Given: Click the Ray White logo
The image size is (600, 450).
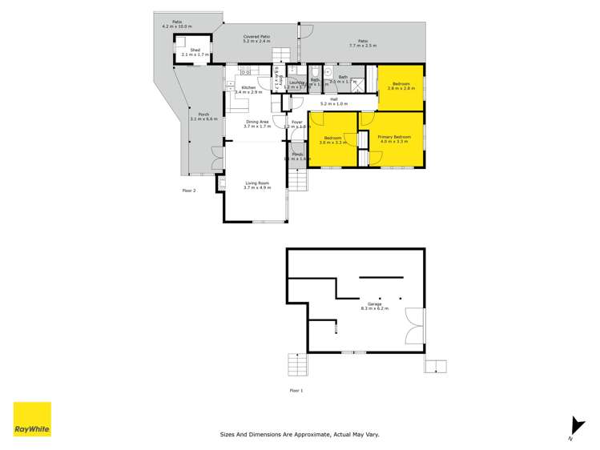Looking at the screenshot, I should (x=31, y=420).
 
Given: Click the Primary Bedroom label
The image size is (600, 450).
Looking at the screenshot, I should (x=394, y=137).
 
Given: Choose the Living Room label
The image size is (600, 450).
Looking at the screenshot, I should (x=257, y=183).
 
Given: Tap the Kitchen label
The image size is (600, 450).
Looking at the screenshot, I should (x=248, y=86).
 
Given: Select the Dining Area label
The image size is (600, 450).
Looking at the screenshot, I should (x=257, y=122).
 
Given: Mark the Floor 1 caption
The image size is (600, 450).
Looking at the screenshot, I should (x=296, y=390).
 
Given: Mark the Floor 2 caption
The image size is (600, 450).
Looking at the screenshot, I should (x=189, y=190).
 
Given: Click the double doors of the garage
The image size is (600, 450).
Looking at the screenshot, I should (x=413, y=329).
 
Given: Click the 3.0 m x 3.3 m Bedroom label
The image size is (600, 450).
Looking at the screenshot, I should (x=332, y=139).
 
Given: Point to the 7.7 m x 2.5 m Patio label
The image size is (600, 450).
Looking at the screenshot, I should (x=362, y=42).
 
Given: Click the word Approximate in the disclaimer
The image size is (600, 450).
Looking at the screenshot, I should (x=300, y=434).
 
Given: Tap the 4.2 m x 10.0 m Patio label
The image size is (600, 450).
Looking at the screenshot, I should (x=176, y=24).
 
